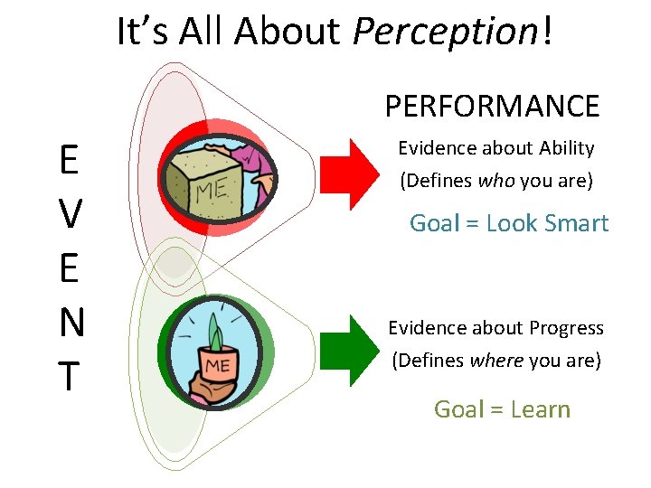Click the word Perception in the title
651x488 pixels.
[x=445, y=32]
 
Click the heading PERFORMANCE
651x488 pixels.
[x=492, y=106]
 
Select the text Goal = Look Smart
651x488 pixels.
[x=509, y=223]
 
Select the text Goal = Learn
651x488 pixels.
[x=502, y=409]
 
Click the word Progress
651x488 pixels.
[x=567, y=328]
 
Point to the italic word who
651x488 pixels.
[x=495, y=181]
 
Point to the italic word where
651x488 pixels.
[x=496, y=361]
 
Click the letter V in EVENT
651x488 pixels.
[x=69, y=214]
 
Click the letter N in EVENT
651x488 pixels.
[x=70, y=323]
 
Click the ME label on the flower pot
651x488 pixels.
[x=217, y=364]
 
